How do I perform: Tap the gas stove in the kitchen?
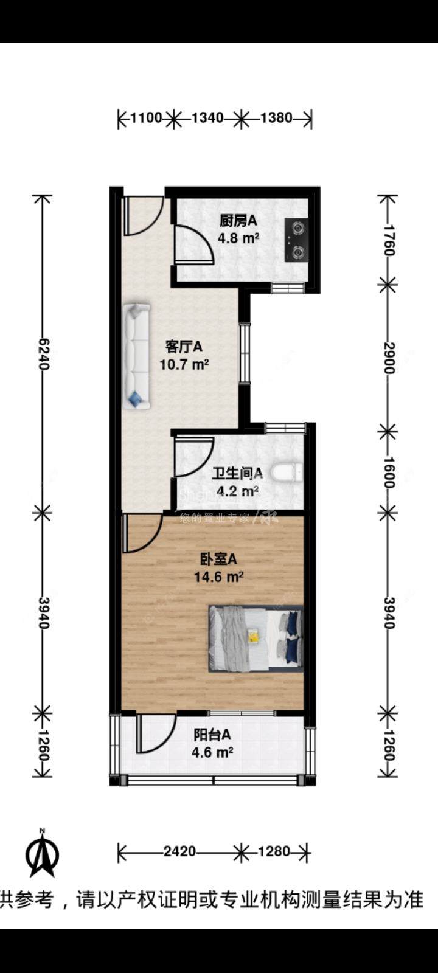(296, 241)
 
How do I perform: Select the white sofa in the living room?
(136, 356)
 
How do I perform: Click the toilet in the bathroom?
(287, 473)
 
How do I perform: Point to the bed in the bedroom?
(255, 638)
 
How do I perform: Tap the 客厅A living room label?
(184, 347)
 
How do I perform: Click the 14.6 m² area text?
(218, 577)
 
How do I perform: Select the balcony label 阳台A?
(212, 735)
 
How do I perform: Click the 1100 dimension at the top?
(146, 118)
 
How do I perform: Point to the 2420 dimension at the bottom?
(179, 851)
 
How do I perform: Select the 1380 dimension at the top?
(276, 118)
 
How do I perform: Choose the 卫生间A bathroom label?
(237, 473)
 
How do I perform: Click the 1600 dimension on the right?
(389, 473)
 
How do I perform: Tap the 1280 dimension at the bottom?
(274, 851)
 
